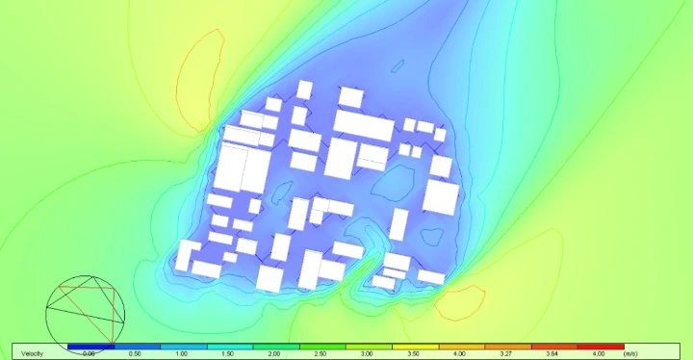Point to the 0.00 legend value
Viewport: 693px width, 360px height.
point(90,354)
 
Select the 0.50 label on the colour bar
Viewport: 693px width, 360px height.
point(136,354)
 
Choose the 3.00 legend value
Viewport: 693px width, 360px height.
point(368,354)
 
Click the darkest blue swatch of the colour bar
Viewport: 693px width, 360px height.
point(90,346)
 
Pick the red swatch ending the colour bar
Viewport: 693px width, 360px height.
point(601,346)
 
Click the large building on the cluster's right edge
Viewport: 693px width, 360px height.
point(441,197)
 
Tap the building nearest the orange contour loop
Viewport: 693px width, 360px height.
point(430,277)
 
